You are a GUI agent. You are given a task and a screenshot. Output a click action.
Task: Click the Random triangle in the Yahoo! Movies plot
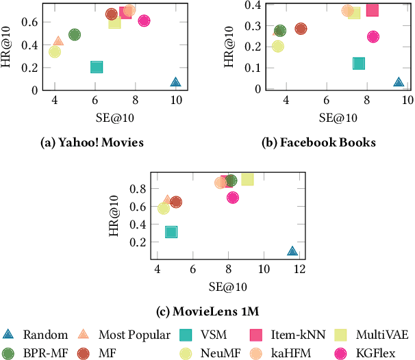[176, 82]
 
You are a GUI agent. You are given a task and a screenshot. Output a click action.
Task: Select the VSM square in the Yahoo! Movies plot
[97, 67]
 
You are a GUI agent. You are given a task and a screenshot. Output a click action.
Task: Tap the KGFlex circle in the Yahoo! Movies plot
[144, 21]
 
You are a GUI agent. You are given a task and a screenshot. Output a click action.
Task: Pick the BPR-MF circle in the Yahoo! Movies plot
[75, 34]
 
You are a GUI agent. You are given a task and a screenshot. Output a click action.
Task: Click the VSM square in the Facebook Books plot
[359, 64]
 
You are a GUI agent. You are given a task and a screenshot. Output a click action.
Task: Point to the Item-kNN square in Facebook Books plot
[373, 10]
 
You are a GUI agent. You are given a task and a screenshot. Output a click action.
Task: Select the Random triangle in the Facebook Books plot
[399, 82]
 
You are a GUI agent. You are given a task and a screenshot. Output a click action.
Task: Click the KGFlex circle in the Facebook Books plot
[373, 37]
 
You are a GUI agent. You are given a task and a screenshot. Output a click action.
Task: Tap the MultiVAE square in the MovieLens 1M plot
[247, 179]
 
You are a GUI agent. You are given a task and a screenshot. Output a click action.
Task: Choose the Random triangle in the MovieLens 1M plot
[292, 252]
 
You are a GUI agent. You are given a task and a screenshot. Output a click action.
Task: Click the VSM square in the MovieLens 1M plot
[171, 232]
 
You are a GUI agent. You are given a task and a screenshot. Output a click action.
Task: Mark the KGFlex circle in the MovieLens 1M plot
[233, 197]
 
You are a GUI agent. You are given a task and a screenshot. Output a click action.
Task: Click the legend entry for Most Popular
[123, 335]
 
